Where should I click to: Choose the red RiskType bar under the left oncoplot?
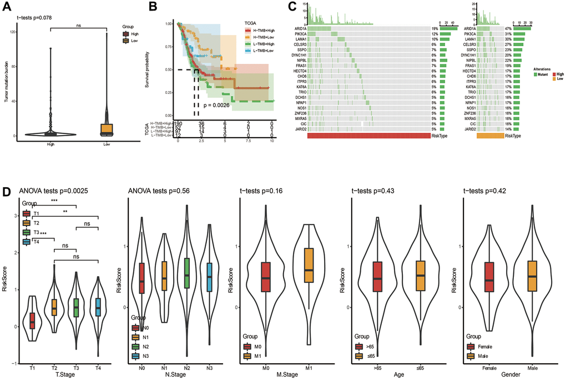tap(368, 135)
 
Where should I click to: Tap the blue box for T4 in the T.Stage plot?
tap(98, 306)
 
